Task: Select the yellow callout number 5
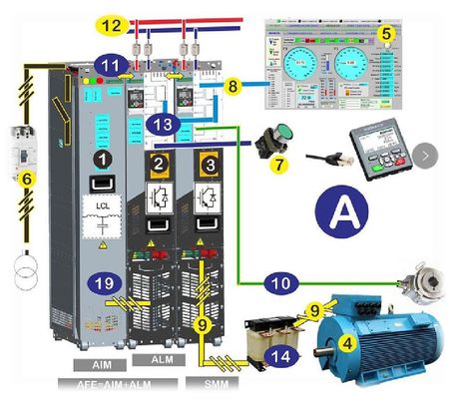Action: tap(386, 32)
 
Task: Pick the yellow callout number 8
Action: tap(231, 87)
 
